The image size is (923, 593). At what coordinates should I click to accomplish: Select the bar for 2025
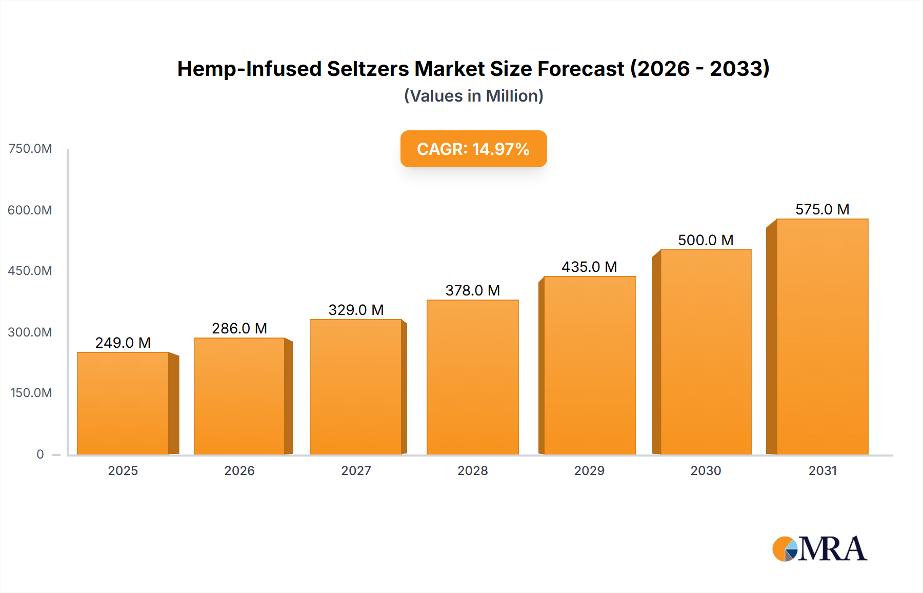pos(123,403)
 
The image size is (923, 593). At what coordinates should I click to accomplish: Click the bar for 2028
pos(472,377)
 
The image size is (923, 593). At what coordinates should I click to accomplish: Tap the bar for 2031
pos(822,337)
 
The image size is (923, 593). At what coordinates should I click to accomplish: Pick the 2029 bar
pos(589,365)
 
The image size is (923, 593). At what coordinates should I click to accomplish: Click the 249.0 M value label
pos(123,343)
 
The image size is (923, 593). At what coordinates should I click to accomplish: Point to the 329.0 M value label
pos(356,310)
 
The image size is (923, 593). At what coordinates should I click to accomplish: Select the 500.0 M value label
pos(706,240)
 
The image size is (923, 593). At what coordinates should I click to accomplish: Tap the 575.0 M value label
pos(822,209)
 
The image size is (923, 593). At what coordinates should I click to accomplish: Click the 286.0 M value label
pos(239,328)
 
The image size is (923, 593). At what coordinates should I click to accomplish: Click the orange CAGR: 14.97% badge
pos(473,149)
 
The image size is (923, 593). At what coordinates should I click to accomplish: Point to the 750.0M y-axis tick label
pos(30,149)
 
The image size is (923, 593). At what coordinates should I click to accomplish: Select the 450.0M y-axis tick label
pos(30,271)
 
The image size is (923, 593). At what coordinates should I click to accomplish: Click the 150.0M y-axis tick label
pos(31,393)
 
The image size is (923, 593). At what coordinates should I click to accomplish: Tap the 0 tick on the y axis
pos(40,454)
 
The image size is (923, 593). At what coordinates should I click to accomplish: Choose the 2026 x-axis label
pos(239,470)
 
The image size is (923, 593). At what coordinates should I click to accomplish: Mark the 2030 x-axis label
pos(706,470)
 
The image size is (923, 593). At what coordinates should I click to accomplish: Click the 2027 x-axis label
pos(356,470)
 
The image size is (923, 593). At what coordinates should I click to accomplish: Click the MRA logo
pos(819,549)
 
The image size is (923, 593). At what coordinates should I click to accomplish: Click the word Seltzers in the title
pos(367,69)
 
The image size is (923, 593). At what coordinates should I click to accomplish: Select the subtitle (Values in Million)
pos(473,96)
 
